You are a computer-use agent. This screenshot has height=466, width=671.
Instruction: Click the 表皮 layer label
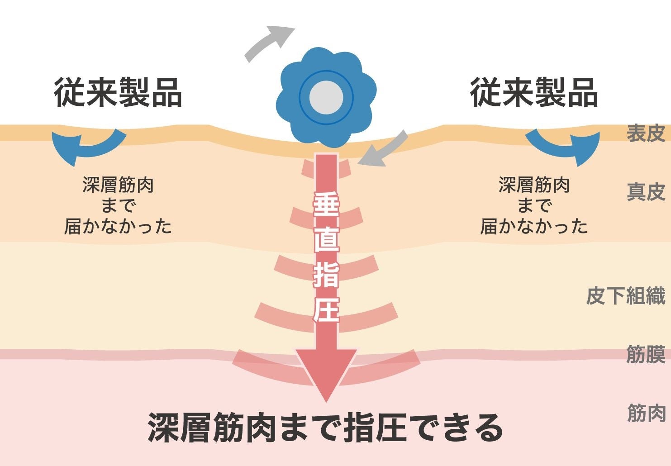coord(645,133)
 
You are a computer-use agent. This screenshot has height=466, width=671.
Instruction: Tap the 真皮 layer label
coord(645,192)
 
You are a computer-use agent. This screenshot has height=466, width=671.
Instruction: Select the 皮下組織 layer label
coord(625,296)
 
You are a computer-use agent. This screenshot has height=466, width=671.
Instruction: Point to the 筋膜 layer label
coord(645,354)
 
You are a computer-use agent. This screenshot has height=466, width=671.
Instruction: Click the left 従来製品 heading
coord(118,93)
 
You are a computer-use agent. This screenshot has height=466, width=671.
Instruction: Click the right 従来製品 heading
coord(534,93)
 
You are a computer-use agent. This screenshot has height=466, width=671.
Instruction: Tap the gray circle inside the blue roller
coord(326,97)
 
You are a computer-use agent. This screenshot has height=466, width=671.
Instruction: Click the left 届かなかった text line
coord(118,226)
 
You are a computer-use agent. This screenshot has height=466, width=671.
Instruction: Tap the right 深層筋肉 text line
coord(534,185)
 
